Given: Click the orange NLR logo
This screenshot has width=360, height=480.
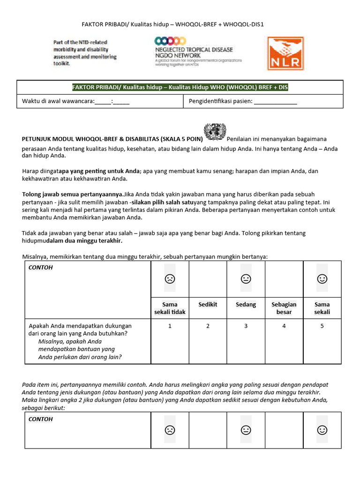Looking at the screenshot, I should [285, 53].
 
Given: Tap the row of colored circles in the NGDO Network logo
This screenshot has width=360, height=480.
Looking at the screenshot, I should [167, 42].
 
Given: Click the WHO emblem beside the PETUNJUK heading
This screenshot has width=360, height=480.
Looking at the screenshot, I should [215, 132].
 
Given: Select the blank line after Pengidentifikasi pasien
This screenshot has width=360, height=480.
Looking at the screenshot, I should [275, 101].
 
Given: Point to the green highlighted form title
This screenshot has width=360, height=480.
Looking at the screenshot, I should [183, 87].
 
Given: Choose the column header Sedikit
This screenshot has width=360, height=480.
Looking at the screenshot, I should [208, 305].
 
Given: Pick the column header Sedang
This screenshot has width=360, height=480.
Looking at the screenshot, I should [246, 305].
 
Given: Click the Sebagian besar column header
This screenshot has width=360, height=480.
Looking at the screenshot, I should [284, 308].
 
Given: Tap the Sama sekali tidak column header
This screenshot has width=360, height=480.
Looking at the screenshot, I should [170, 308].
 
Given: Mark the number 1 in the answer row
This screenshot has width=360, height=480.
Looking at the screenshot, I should [170, 326].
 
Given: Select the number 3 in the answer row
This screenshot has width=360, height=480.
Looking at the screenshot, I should [246, 326].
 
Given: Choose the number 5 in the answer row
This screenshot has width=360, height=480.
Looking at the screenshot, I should [322, 326].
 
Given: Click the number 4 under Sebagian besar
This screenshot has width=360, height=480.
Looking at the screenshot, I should [284, 326].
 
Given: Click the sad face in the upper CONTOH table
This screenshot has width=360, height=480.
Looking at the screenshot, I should [170, 279].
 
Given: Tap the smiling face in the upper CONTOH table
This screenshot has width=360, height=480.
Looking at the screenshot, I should [322, 279].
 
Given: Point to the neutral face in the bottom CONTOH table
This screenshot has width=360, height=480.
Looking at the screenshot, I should [246, 429].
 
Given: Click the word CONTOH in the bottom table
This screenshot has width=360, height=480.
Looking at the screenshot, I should [41, 419].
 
